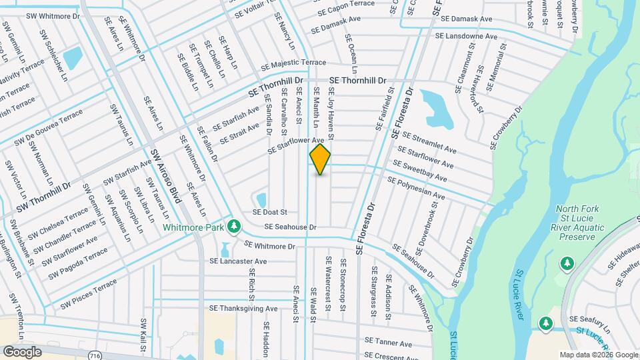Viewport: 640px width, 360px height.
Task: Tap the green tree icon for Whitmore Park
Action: point(233,227)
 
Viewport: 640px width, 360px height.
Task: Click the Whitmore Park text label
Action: point(193,227)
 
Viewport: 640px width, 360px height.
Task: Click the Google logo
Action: point(22,351)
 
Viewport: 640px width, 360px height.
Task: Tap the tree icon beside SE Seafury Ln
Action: point(546,323)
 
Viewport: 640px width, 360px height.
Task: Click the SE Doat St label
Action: point(269,212)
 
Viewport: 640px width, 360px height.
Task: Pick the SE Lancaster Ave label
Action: point(238,261)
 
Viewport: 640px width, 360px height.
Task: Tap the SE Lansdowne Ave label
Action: point(466,36)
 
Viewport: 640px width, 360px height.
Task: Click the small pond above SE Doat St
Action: point(261,199)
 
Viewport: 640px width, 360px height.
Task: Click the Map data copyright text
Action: point(598,355)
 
